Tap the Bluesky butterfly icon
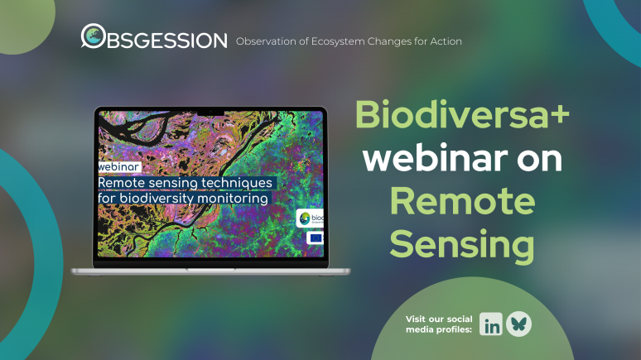coord(519,324)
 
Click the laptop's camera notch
coord(210,109)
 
